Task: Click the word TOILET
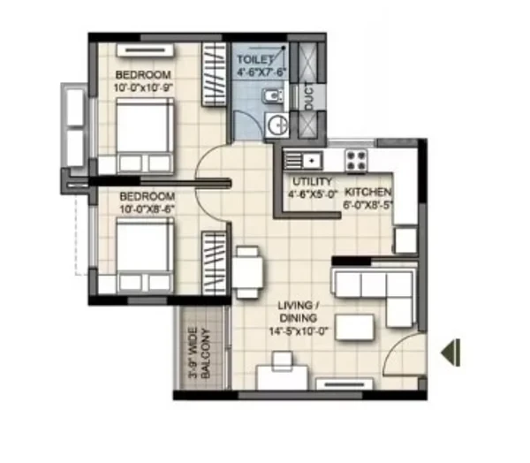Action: (x=254, y=59)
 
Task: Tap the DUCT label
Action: (x=309, y=96)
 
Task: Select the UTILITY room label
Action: (x=313, y=182)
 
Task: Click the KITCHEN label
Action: (x=367, y=192)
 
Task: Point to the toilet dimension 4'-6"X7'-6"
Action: (x=261, y=72)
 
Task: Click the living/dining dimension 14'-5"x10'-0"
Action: (x=299, y=331)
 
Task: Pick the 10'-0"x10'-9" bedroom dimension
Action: (x=143, y=87)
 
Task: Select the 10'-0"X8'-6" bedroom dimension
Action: (x=147, y=209)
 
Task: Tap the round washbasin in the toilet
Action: (x=277, y=125)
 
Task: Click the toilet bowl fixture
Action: (x=272, y=96)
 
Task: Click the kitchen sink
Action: (x=303, y=160)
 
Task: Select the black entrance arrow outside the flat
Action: (x=450, y=353)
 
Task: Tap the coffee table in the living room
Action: (x=355, y=327)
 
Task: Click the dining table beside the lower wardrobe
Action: (x=247, y=272)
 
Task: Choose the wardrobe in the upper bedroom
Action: (x=215, y=74)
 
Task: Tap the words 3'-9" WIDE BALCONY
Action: (x=200, y=353)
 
